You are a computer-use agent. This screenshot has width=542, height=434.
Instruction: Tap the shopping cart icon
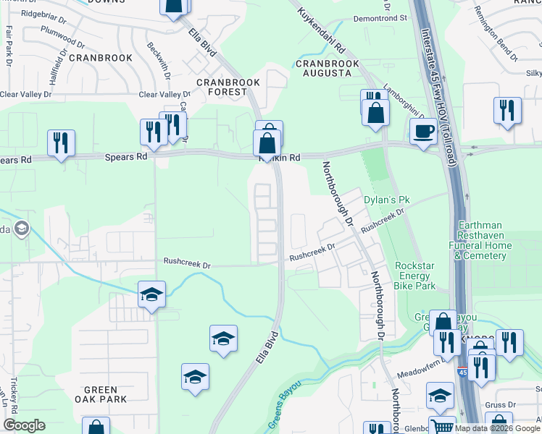point(441,426)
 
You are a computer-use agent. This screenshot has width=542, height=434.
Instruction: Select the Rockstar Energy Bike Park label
point(414,276)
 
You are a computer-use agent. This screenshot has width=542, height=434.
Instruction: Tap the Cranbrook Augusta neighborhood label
point(327,69)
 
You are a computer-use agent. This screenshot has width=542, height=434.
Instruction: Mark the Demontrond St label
point(380,17)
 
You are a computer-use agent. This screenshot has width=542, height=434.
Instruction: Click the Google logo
point(25,425)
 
